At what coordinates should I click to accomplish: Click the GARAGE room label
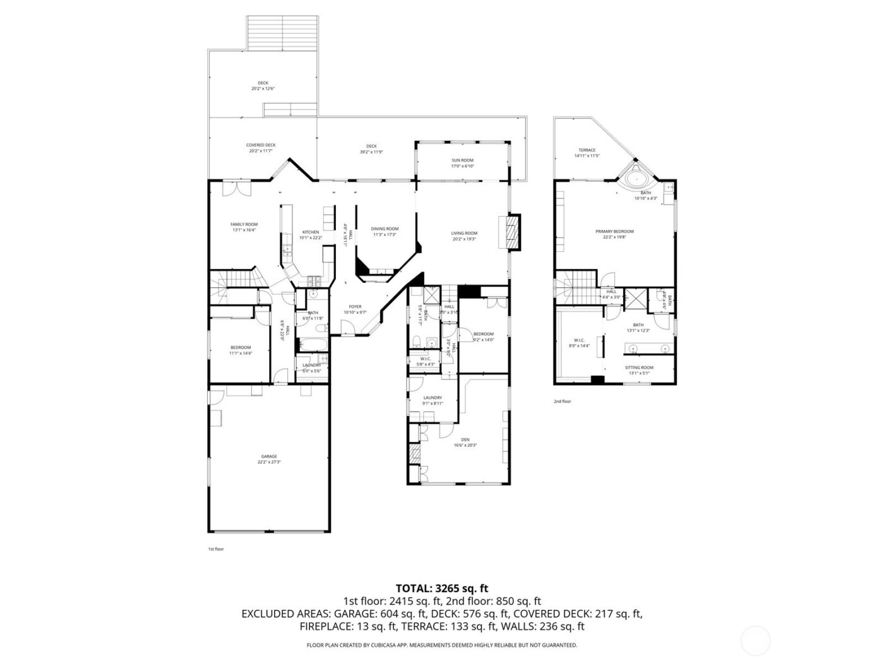coord(269,457)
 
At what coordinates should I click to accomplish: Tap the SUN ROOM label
coord(462,160)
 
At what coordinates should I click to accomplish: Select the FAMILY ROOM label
coord(244,224)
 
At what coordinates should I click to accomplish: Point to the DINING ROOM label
coord(385,229)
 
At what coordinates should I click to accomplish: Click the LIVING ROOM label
coord(464,233)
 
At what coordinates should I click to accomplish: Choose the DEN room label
coord(465,439)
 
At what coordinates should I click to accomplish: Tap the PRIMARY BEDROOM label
coord(614,232)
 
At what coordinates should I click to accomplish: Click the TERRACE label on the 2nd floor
coord(587,150)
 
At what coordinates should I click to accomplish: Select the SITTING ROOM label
coord(639,367)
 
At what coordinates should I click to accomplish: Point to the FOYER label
coord(355,307)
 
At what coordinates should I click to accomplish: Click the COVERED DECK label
coord(261,145)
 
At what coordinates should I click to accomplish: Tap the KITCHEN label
coord(311,232)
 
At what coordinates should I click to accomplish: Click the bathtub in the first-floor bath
coord(312,345)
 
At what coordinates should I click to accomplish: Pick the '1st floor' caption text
coord(216,549)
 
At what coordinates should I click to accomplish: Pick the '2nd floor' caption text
coord(562,401)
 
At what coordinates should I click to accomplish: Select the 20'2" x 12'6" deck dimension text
coord(263,88)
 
